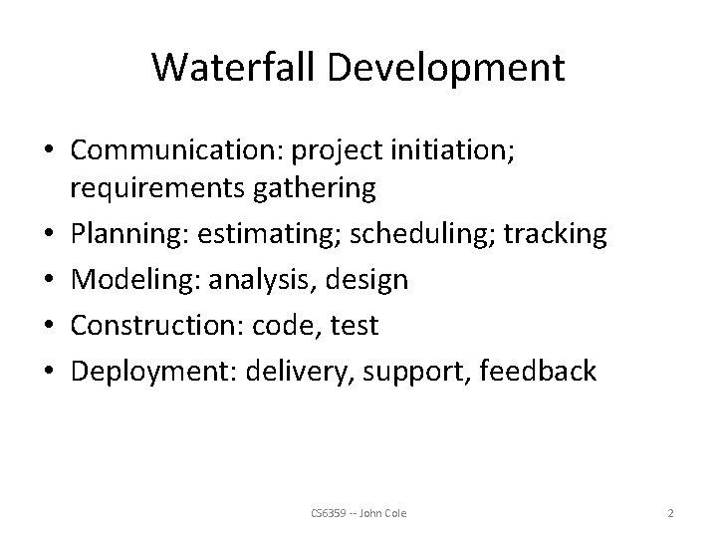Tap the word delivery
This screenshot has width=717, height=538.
pos(304,372)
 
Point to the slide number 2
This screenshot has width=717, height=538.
pos(670,512)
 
